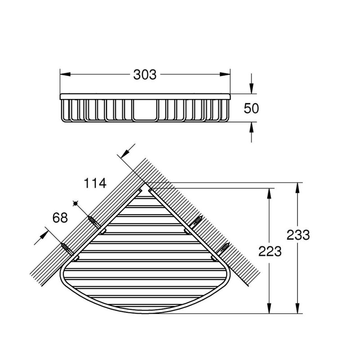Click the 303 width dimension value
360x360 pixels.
pos(145,75)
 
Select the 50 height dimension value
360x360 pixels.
pos(252,108)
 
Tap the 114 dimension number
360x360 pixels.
pos(95,183)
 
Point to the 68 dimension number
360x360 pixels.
pos(60,218)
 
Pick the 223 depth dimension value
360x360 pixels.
pos(270,251)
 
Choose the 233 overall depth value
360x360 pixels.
pos(297,234)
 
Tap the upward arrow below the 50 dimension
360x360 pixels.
pos(252,127)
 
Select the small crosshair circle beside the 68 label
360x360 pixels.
pos(77,204)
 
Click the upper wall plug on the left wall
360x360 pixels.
pos(93,221)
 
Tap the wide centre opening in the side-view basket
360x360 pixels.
pos(145,111)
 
